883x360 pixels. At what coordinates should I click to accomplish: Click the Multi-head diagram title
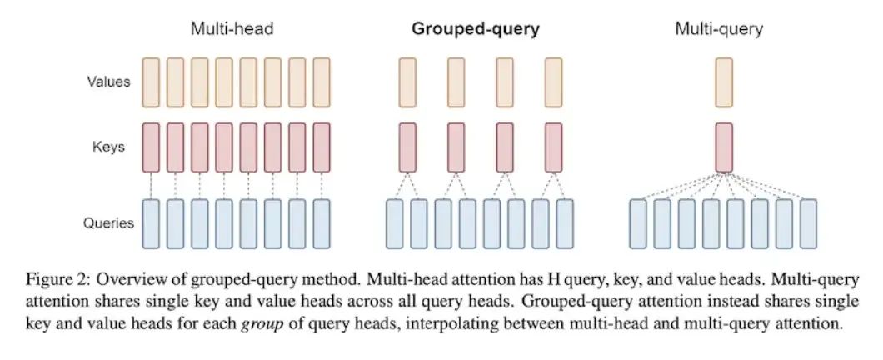(x=232, y=29)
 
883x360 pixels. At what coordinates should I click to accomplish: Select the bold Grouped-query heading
(x=475, y=29)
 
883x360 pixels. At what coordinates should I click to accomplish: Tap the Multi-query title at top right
(x=719, y=29)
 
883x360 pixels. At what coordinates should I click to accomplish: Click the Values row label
(x=108, y=82)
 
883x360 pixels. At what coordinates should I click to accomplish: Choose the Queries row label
(x=108, y=222)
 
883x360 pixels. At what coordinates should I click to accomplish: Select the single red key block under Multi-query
(x=723, y=147)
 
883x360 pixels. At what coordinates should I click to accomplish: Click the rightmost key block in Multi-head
(x=321, y=147)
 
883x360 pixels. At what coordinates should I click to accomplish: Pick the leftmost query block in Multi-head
(x=150, y=223)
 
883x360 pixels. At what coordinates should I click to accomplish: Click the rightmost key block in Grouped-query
(x=554, y=147)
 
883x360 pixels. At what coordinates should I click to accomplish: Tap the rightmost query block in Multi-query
(x=808, y=223)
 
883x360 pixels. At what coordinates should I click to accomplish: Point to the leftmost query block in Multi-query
(x=638, y=223)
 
